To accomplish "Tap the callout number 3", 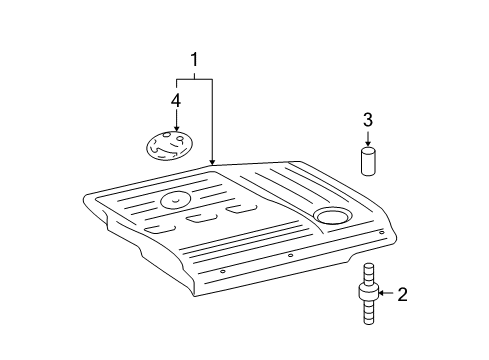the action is (x=368, y=120).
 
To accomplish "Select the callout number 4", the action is (x=176, y=100).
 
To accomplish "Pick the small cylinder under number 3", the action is (x=368, y=160).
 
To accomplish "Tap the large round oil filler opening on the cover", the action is (x=330, y=217).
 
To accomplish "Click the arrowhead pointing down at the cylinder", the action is (x=368, y=143).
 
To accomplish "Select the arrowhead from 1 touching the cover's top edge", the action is (x=213, y=161).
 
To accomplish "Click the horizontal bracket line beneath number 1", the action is (x=195, y=78).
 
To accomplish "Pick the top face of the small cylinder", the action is (x=368, y=150).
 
